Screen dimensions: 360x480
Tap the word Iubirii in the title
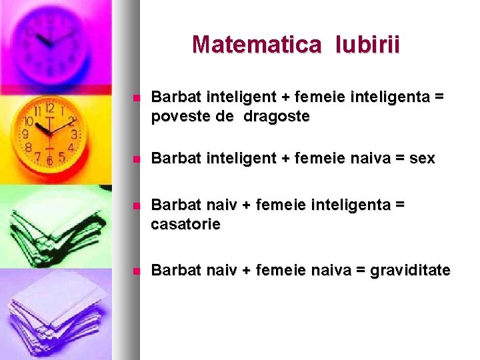368,45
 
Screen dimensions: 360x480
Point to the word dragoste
277,117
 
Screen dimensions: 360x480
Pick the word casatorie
185,225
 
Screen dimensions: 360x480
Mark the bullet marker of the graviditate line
136,271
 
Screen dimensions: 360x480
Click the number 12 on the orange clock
49,107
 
